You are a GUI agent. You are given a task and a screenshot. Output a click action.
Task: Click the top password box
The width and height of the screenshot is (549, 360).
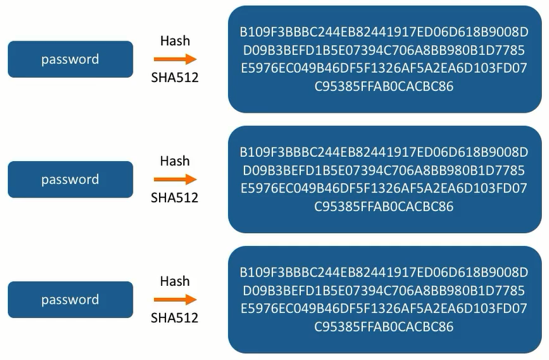pos(70,59)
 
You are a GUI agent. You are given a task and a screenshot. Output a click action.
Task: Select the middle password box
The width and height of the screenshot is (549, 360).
pos(70,180)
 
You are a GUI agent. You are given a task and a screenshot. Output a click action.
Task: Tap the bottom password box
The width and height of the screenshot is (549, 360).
pos(70,299)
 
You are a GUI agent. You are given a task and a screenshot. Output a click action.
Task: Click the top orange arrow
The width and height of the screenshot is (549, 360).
pos(175,60)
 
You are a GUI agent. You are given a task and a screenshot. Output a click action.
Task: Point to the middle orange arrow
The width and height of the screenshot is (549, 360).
pos(175,180)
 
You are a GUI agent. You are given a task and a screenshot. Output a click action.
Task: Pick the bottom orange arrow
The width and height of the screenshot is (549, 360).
pos(175,300)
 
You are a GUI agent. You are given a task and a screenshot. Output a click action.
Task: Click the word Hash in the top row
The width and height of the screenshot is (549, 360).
pos(175,41)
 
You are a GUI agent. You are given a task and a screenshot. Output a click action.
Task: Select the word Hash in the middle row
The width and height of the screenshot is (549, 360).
pos(175,161)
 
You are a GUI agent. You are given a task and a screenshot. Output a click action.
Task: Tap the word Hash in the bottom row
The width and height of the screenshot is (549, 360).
pos(175,281)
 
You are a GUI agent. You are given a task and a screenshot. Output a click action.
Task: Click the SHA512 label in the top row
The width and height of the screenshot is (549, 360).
pos(175,78)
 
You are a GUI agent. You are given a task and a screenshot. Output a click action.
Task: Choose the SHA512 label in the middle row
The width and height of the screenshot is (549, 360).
pos(175,197)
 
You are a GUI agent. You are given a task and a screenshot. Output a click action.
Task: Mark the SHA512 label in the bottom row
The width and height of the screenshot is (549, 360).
pos(175,318)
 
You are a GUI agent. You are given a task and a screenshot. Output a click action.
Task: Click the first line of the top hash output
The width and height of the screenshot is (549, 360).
pos(384,32)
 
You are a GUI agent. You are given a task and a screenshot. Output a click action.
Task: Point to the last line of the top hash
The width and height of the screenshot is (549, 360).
pos(384,87)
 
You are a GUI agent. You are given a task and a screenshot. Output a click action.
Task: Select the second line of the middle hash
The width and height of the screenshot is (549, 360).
pos(384,170)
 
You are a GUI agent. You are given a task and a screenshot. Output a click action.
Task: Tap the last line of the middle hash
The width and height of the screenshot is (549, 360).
pos(384,207)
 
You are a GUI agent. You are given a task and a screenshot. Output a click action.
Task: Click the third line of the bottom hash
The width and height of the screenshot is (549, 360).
pos(384,309)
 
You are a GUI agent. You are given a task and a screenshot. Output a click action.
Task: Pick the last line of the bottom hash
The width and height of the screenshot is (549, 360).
pos(384,327)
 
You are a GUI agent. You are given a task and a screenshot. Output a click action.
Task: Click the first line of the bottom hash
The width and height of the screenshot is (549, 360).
pos(384,272)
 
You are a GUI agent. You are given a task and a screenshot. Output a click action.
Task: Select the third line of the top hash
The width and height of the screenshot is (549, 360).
pos(384,68)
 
